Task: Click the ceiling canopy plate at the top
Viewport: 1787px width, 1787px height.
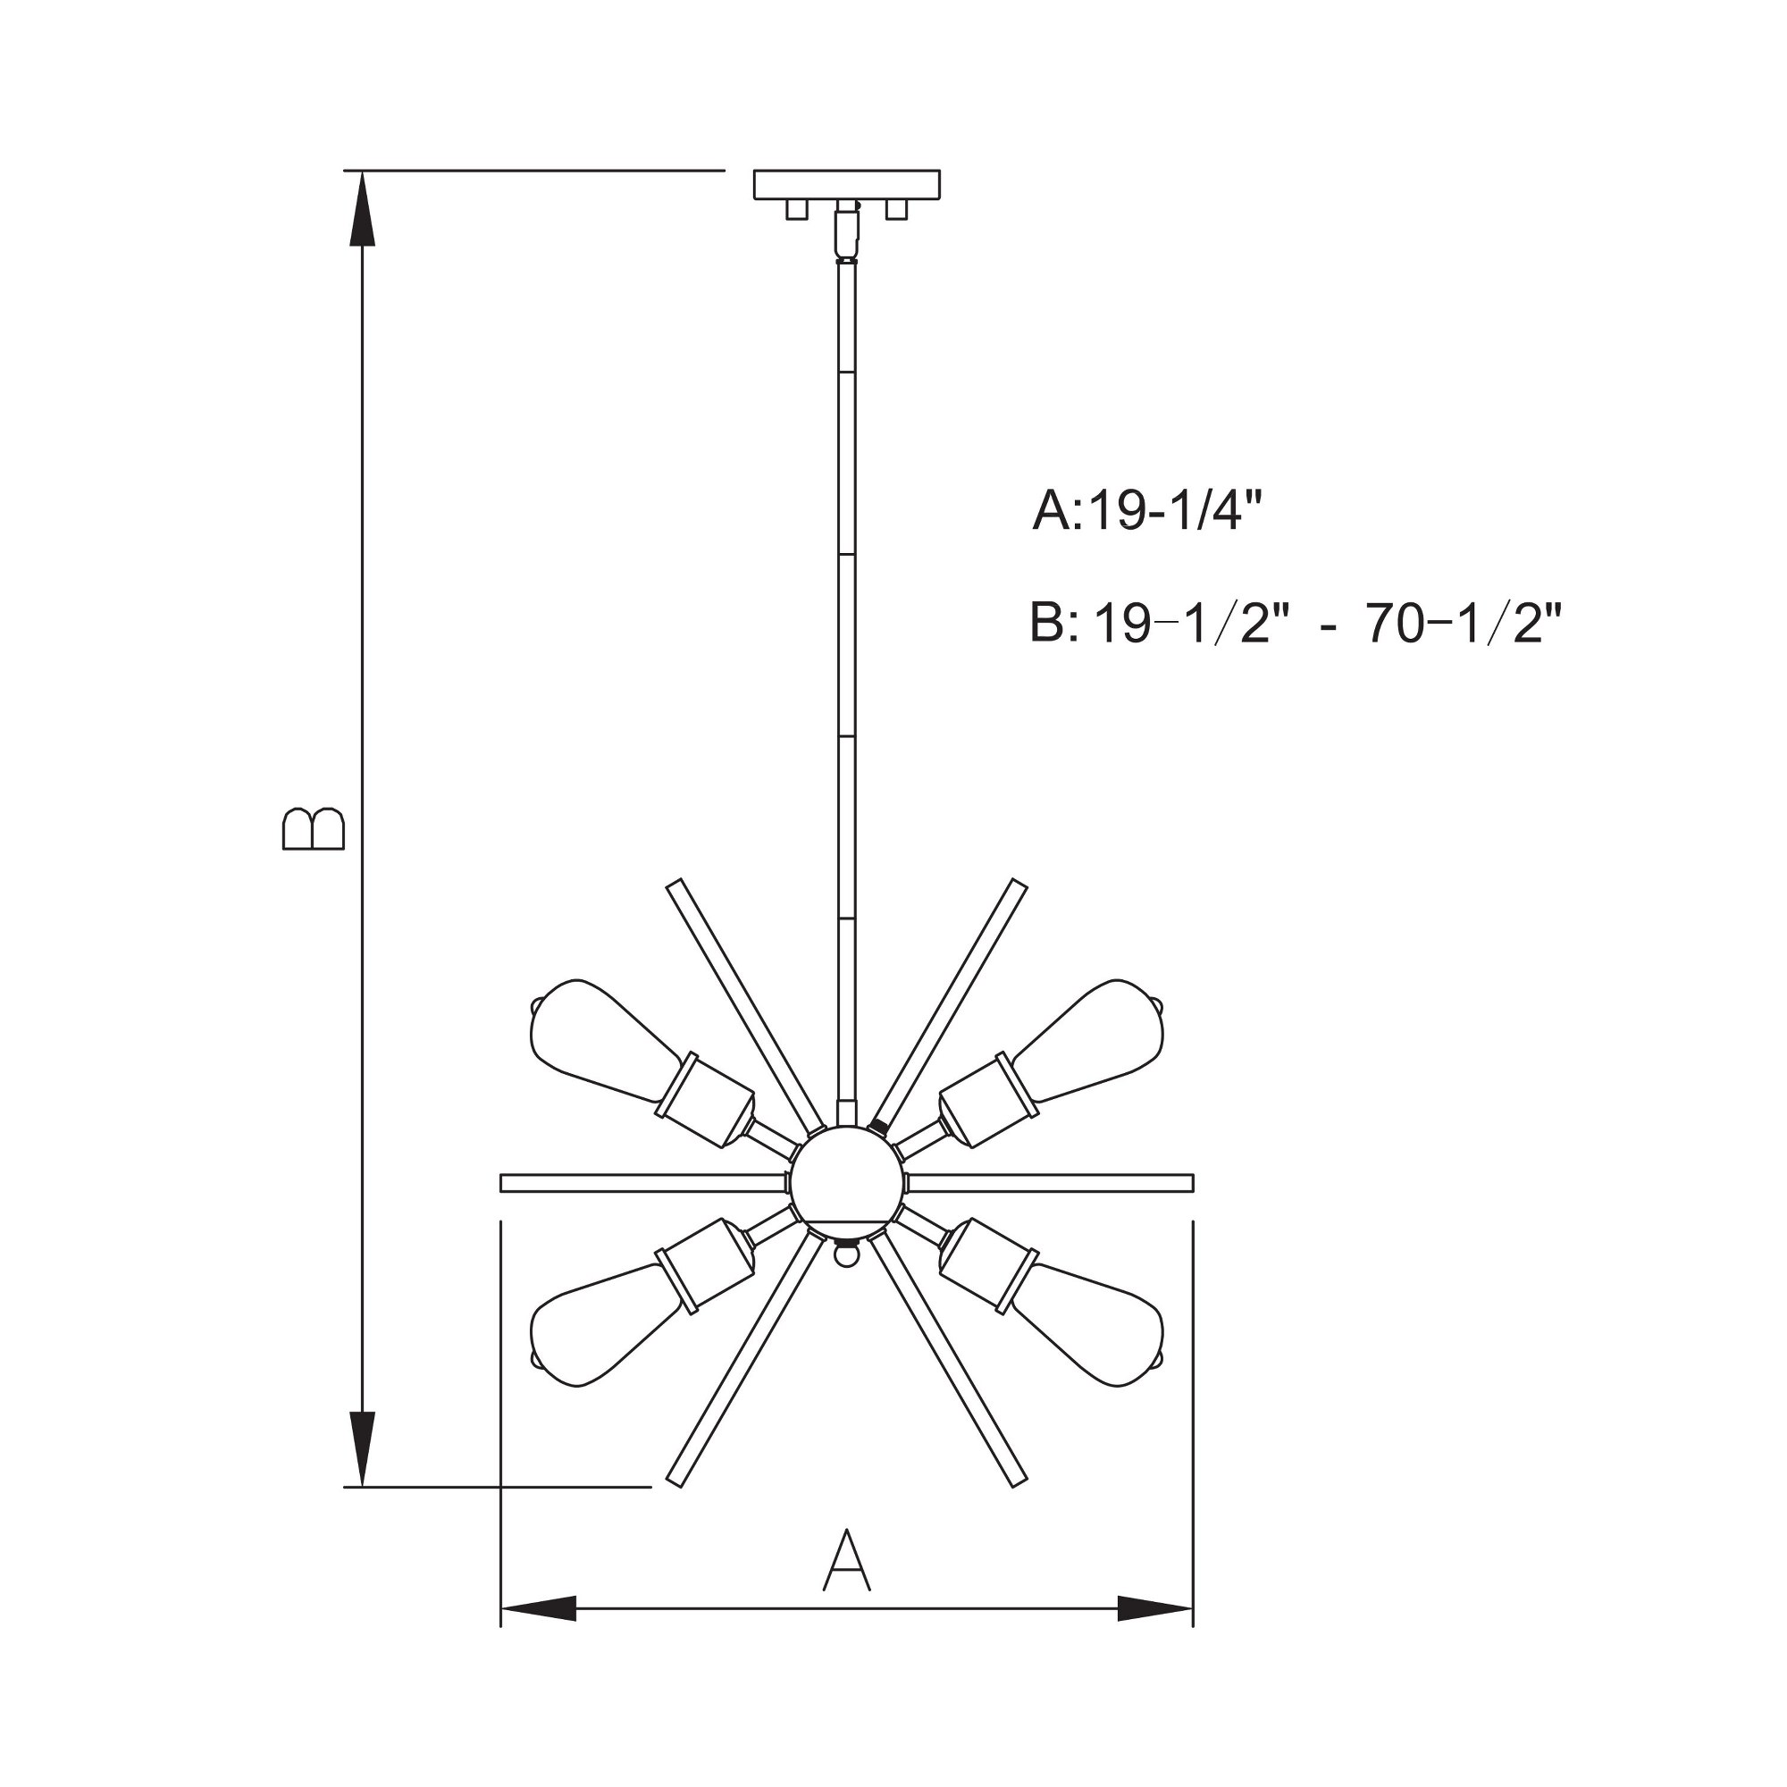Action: tap(846, 185)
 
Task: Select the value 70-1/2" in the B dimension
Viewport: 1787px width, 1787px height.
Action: tap(1464, 625)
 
